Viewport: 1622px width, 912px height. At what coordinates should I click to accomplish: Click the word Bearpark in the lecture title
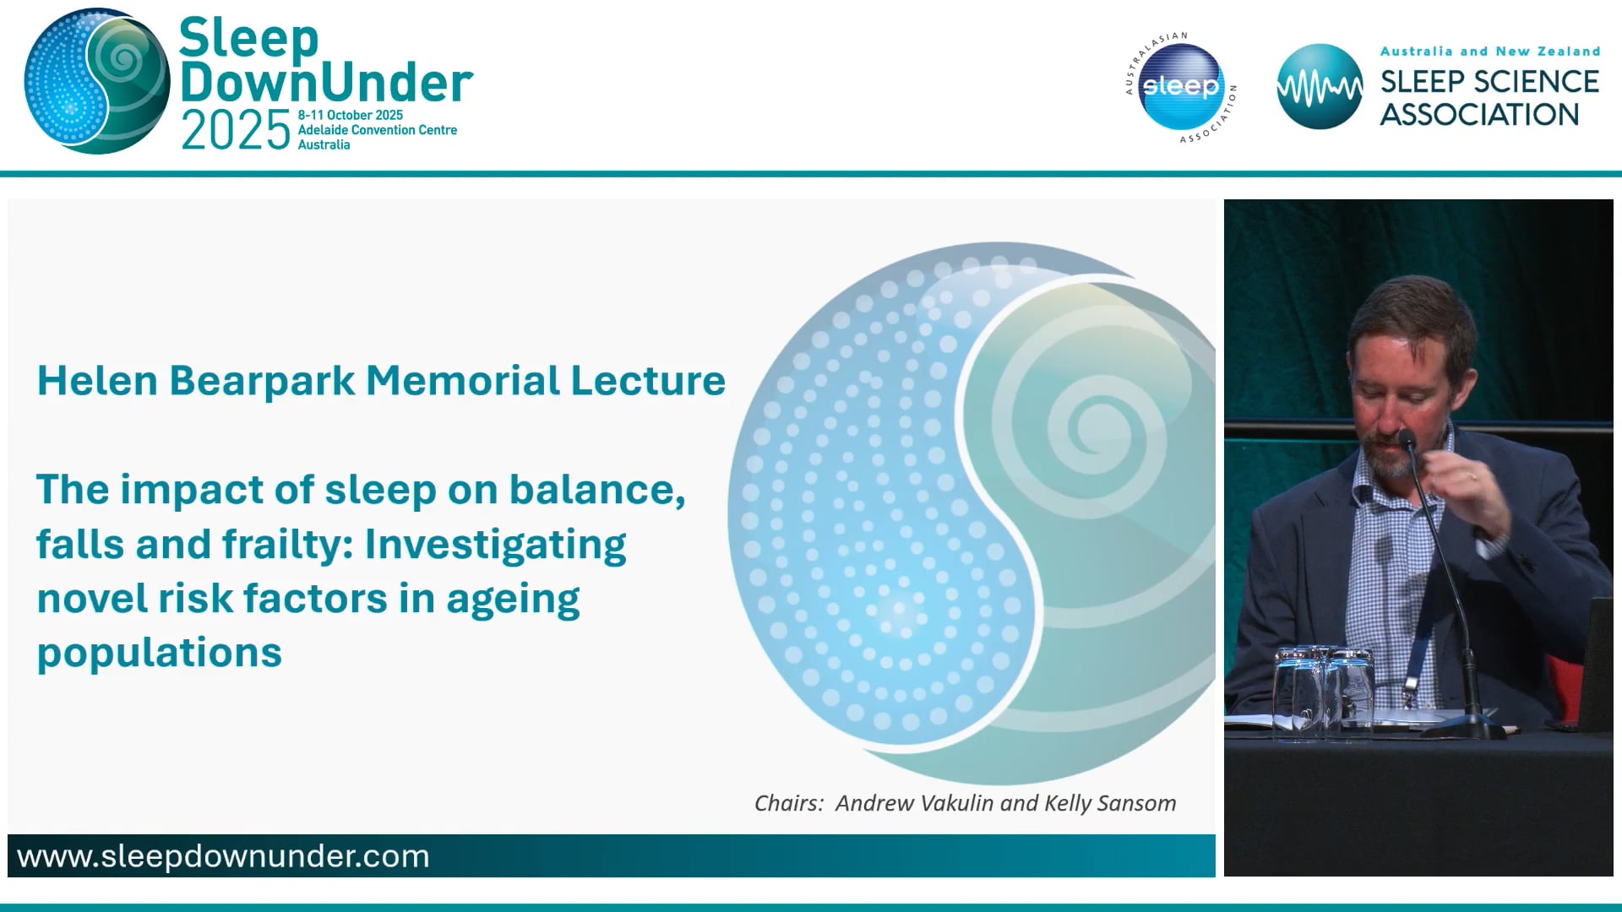(262, 381)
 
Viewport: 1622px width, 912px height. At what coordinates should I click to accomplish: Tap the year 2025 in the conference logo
(236, 132)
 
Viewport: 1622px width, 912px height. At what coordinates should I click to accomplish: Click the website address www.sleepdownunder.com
(223, 856)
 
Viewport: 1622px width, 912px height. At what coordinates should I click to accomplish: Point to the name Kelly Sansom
(1110, 803)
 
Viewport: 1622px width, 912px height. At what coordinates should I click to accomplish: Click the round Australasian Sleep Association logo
(1180, 87)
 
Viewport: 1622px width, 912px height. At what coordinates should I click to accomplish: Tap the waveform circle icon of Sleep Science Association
(1319, 87)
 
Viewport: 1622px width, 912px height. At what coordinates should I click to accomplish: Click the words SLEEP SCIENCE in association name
(1489, 82)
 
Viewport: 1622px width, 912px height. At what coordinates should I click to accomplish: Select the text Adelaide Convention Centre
(377, 130)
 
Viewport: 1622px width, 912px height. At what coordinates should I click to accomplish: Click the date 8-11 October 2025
(350, 115)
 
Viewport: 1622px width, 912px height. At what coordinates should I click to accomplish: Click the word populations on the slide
(159, 653)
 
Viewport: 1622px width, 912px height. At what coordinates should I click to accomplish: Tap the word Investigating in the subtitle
(495, 545)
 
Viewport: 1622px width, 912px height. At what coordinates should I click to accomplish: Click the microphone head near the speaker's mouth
(1406, 439)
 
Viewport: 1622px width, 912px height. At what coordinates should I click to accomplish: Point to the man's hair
(1411, 312)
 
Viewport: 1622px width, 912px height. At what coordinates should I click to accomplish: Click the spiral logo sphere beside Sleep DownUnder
(97, 82)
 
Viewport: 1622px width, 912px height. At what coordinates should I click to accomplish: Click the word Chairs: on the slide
(788, 803)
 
